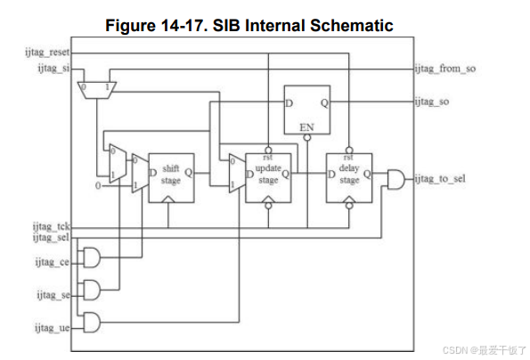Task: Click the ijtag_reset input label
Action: click(47, 53)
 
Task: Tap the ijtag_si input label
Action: click(53, 69)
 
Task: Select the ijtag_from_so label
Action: click(445, 69)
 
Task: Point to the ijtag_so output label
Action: click(432, 102)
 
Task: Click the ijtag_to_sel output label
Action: click(440, 178)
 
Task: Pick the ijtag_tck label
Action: click(51, 226)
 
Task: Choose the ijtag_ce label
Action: click(52, 262)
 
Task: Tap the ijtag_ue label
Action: click(52, 328)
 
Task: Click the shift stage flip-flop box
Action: click(171, 178)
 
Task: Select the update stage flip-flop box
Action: click(268, 178)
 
